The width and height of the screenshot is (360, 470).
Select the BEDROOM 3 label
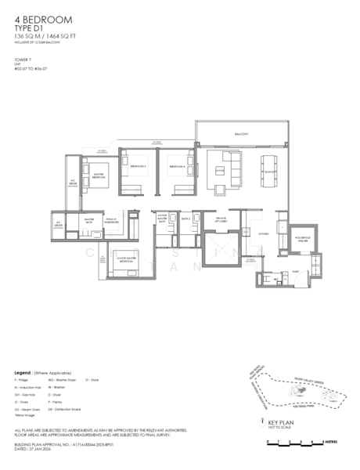pyautogui.click(x=138, y=167)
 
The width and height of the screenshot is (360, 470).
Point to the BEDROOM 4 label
pyautogui.click(x=176, y=167)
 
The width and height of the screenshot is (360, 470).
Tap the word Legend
pyautogui.click(x=23, y=372)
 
